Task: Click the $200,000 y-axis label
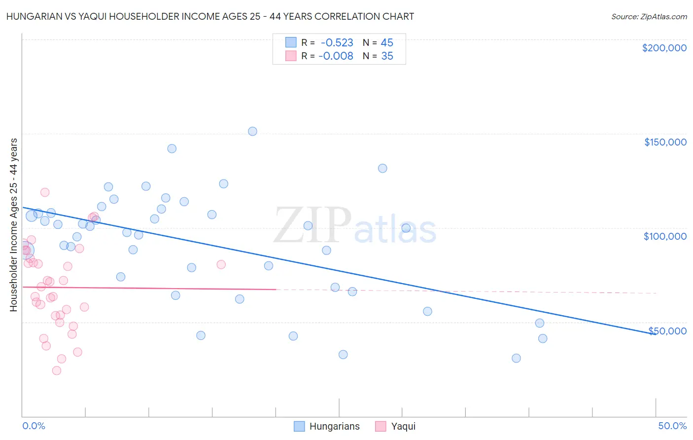click(x=664, y=48)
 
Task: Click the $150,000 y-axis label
click(x=665, y=142)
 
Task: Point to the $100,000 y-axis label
click(x=665, y=236)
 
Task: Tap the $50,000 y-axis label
click(x=667, y=330)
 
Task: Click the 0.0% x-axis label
click(x=34, y=426)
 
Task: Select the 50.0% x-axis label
click(x=672, y=426)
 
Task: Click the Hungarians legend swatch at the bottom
click(x=299, y=426)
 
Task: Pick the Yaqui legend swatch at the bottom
click(x=381, y=426)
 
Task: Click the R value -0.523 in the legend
click(x=337, y=43)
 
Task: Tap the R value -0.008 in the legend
click(x=336, y=56)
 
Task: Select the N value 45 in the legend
click(x=387, y=43)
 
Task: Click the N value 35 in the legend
click(x=387, y=56)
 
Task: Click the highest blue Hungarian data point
click(x=252, y=131)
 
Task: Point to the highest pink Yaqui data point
click(x=45, y=192)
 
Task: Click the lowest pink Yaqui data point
click(x=57, y=370)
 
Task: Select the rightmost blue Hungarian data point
click(x=543, y=338)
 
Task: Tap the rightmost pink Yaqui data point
click(x=221, y=264)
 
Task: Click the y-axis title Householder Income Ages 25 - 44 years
click(x=14, y=225)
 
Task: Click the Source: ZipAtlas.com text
click(x=649, y=17)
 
